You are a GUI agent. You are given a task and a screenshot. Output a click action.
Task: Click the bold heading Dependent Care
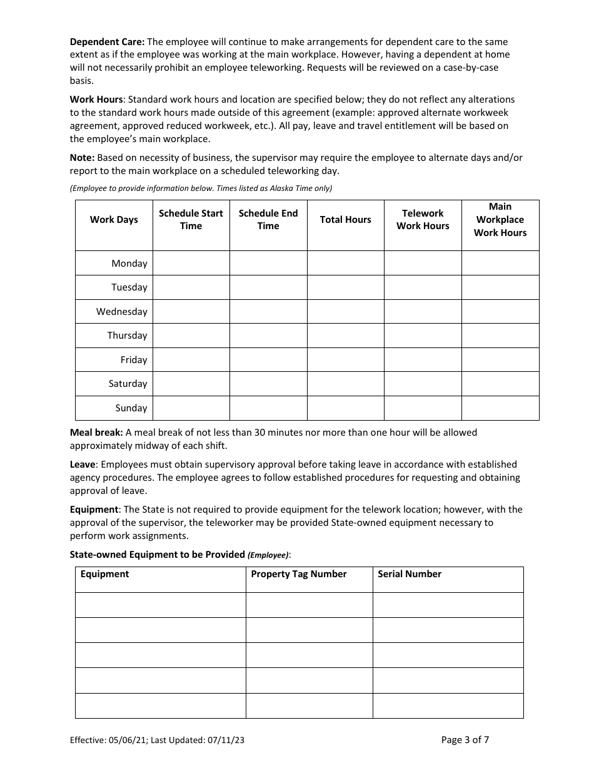point(107,42)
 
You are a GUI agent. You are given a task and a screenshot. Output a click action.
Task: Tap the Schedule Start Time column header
point(191,220)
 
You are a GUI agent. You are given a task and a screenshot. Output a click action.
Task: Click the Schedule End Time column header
point(268,220)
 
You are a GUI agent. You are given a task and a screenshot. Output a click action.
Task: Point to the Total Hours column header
point(345,220)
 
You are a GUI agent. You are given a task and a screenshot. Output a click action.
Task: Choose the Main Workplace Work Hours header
point(500,220)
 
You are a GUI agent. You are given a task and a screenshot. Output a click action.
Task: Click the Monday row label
point(129,264)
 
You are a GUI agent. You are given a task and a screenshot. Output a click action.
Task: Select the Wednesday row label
point(122,312)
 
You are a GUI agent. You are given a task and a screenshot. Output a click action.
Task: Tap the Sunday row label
point(131,408)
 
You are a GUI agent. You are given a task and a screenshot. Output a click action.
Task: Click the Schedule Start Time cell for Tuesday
point(191,287)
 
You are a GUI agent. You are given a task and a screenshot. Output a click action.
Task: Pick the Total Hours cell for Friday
point(345,360)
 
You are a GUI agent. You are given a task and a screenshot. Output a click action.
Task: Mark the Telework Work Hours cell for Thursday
point(423,336)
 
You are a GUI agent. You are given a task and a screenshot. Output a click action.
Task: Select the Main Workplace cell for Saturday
point(500,384)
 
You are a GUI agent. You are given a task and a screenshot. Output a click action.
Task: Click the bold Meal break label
point(96,433)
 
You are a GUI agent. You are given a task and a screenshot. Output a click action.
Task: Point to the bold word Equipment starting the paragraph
point(94,510)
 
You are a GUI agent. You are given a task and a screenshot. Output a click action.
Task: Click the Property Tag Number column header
point(299,574)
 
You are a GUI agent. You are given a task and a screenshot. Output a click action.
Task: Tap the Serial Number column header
point(410,574)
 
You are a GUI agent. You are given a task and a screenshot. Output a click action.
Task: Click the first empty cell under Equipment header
point(161,605)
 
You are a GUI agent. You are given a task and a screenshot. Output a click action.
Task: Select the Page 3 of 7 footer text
point(465,740)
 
